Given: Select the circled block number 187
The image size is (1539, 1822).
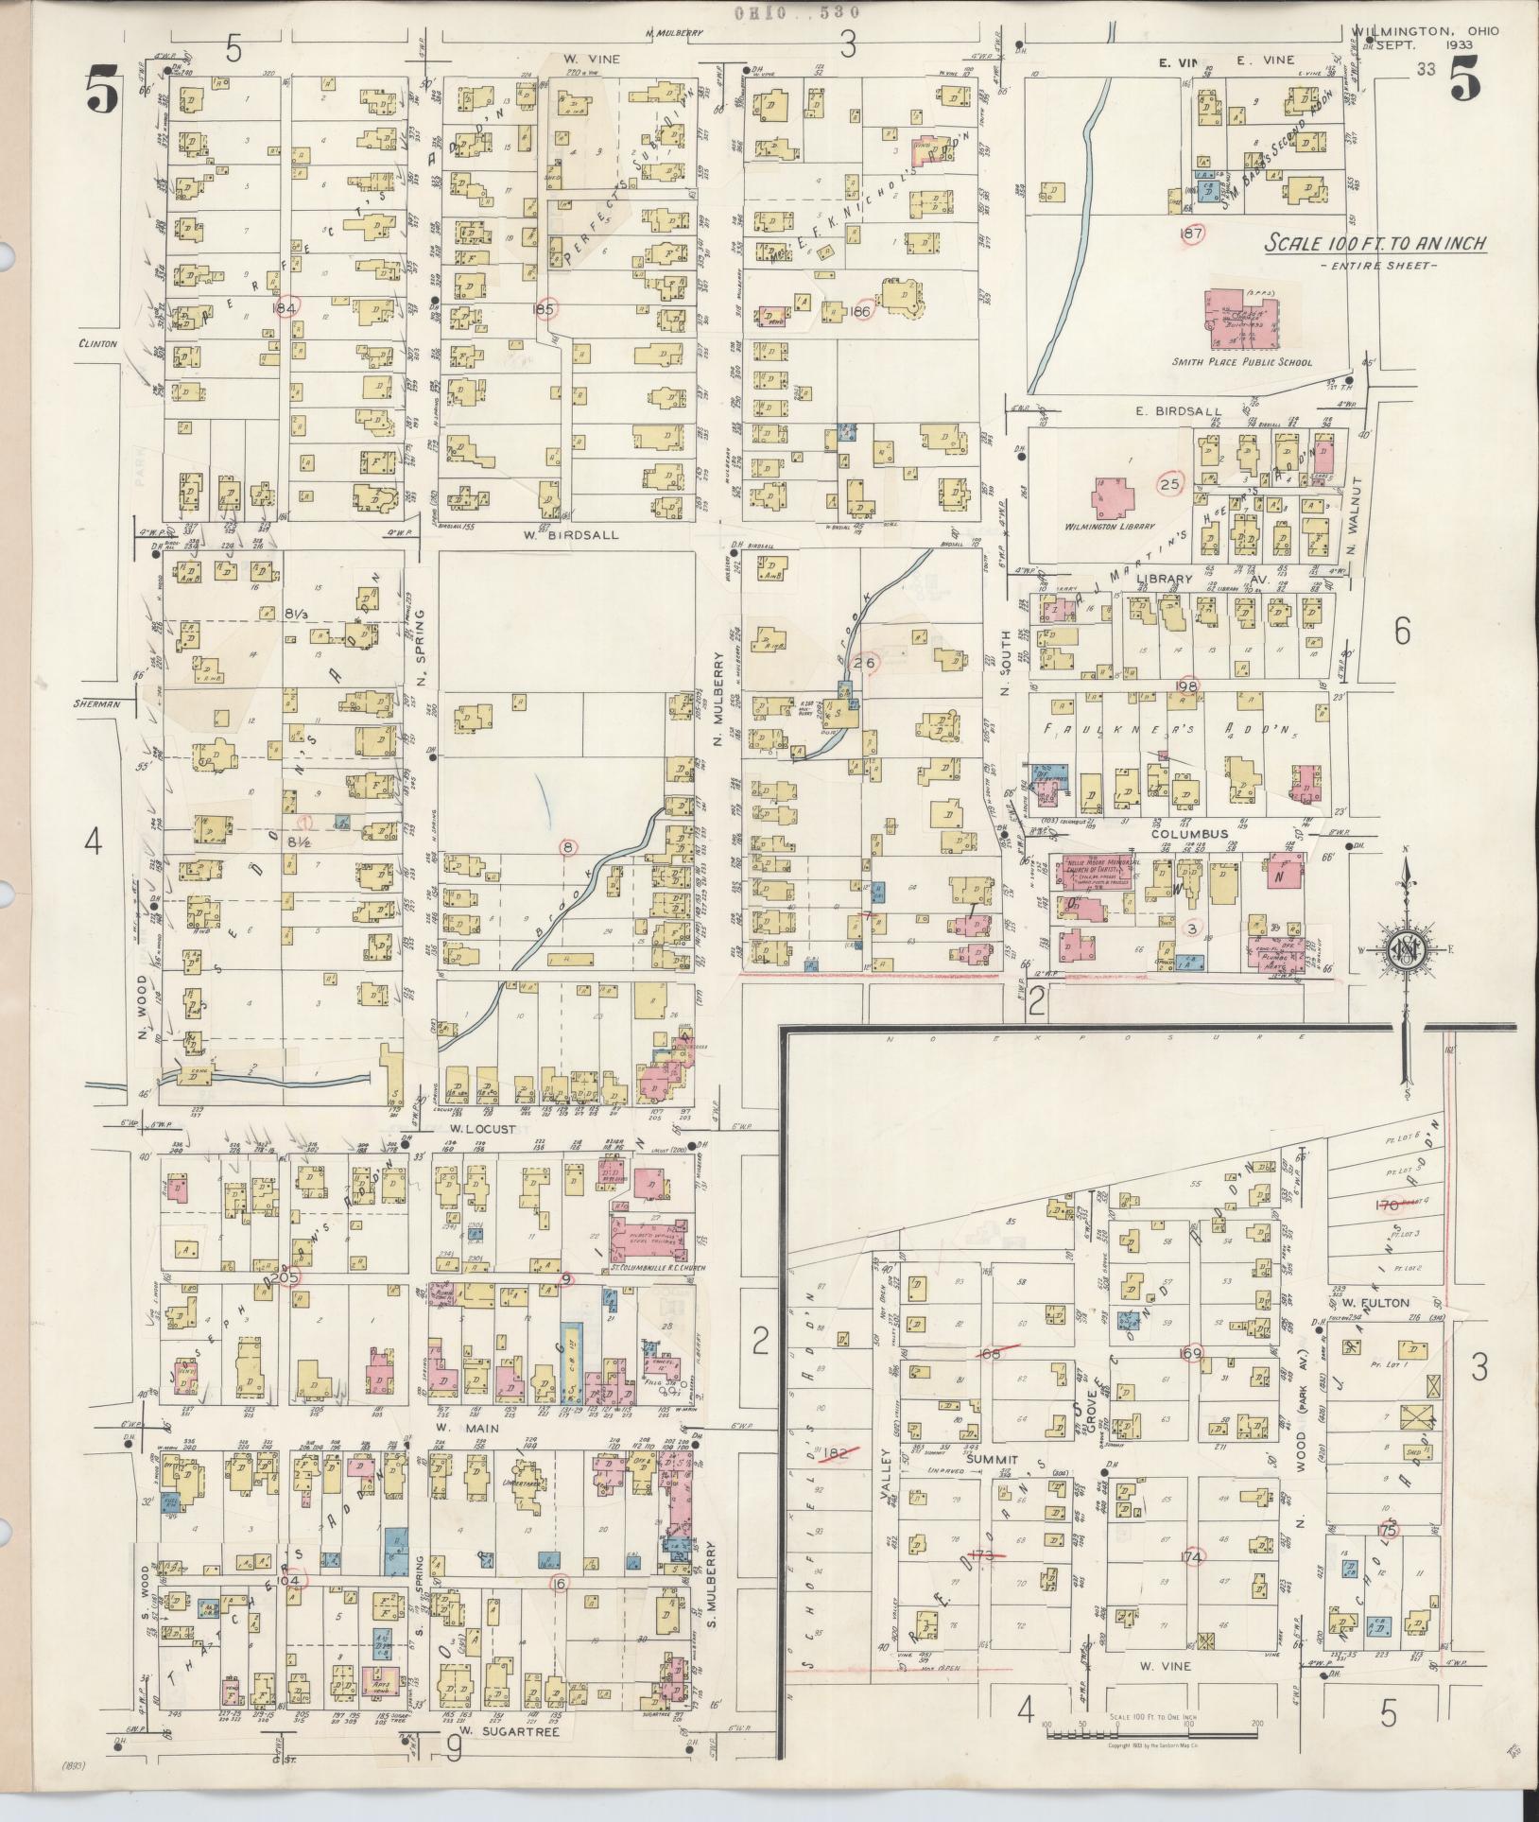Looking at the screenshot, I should tap(1190, 233).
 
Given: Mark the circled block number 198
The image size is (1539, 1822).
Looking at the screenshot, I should tap(1186, 685).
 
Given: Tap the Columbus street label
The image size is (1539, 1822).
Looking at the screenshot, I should tap(1189, 834).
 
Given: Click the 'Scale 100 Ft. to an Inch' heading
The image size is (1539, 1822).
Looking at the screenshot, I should tap(1376, 244).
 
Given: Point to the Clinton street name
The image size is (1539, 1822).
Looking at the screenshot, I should tap(97, 344).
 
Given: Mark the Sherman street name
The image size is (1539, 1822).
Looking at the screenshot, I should tap(97, 703).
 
